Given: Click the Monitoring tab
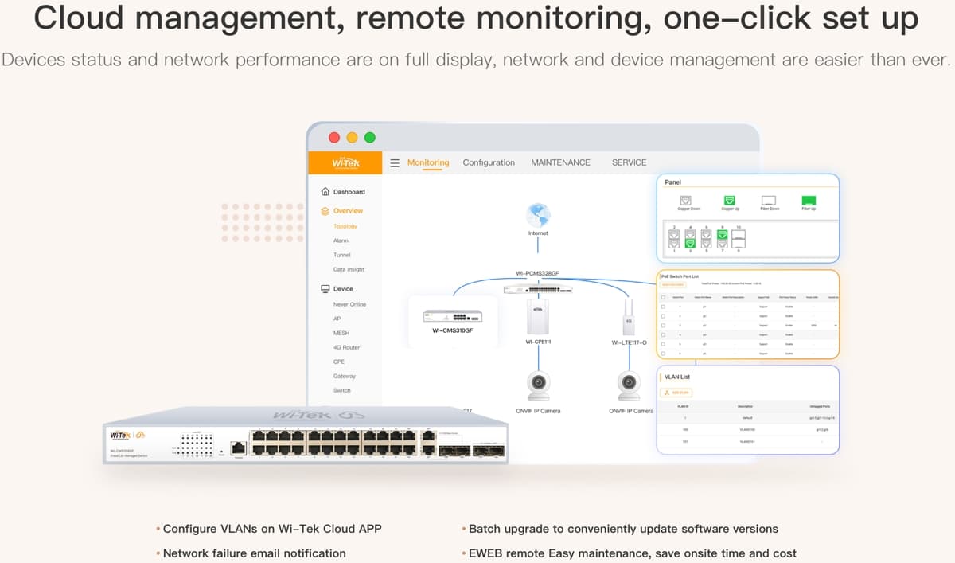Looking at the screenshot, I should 428,162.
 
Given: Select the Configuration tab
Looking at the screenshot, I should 489,162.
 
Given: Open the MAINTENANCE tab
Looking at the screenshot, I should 560,162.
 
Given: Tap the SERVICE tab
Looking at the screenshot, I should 629,162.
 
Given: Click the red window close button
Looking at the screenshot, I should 334,138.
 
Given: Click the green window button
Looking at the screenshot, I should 370,138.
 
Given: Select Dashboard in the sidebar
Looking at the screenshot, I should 349,192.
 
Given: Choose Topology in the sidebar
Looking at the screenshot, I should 345,226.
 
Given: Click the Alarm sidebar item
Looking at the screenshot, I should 341,240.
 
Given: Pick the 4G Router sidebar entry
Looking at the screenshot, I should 346,347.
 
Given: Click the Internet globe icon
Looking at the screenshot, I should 538,214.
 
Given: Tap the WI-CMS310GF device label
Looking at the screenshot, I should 453,330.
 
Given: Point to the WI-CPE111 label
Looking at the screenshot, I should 538,342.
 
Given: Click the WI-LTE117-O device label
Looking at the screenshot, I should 629,342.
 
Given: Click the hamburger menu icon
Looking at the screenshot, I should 395,162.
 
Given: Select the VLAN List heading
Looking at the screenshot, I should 677,377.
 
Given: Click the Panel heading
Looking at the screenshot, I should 672,182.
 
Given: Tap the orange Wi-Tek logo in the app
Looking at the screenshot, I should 345,162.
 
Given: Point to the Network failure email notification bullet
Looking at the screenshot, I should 254,553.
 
